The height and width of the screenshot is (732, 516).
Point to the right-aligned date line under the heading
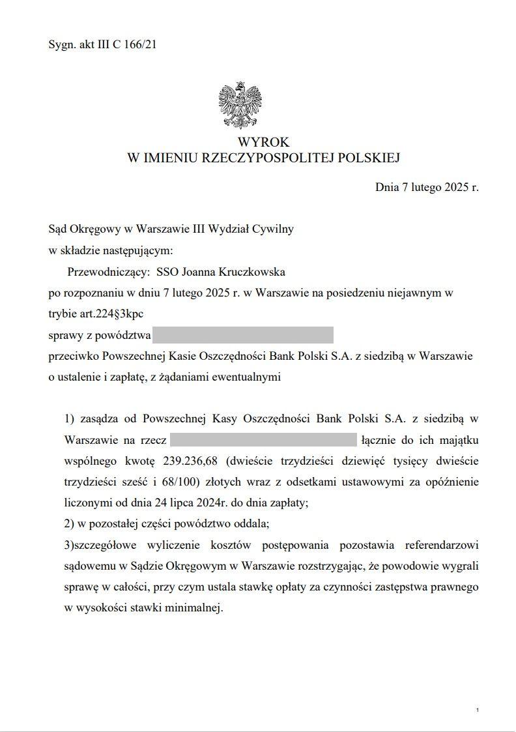click(426, 188)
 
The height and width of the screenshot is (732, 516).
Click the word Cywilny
click(275, 229)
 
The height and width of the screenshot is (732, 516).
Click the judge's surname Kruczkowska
click(250, 271)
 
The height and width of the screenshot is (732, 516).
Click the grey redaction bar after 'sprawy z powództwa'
click(242, 335)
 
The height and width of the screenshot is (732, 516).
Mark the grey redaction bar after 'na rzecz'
click(263, 440)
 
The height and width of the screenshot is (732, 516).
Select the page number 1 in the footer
click(478, 709)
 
